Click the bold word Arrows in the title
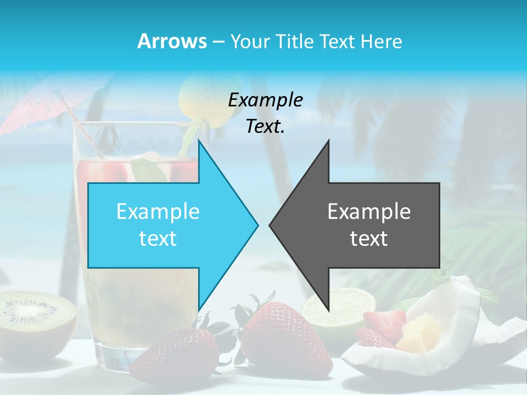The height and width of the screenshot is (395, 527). tap(172, 41)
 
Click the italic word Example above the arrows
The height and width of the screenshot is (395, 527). tap(265, 100)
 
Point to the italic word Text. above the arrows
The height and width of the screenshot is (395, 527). tap(265, 127)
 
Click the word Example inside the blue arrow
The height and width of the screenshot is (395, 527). tap(158, 212)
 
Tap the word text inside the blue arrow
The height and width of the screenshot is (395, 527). tap(158, 239)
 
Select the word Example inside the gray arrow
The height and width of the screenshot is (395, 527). tap(369, 212)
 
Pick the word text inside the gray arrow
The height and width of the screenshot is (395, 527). tap(369, 239)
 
